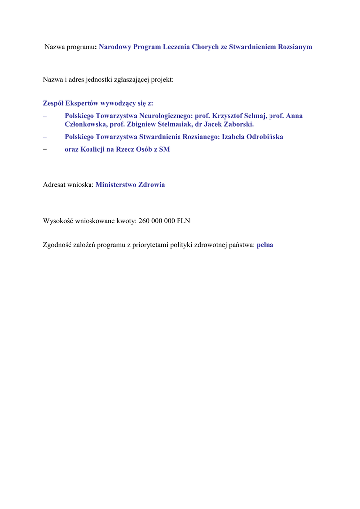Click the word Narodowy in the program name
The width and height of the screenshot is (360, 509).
(115, 47)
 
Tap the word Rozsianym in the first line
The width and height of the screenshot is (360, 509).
(294, 47)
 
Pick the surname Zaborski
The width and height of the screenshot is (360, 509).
(236, 124)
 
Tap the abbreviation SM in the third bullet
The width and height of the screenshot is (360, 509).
(164, 149)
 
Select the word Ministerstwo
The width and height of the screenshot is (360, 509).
(117, 185)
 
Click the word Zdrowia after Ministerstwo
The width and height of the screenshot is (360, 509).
(152, 185)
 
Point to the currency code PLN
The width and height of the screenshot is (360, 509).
(183, 221)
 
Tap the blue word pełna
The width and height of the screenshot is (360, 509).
(265, 245)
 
